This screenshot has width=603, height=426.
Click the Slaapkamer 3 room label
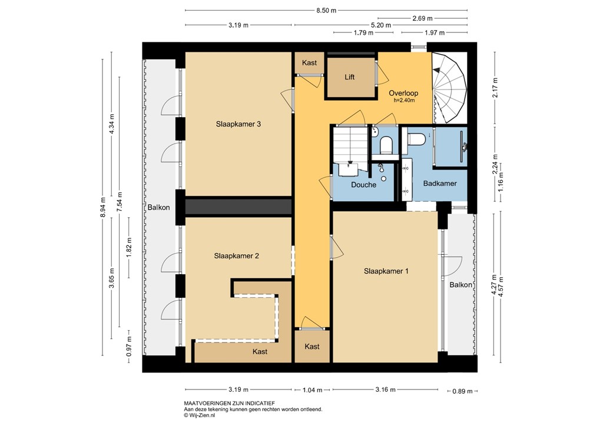[x=238, y=124]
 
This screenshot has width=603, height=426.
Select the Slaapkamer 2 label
[x=237, y=256]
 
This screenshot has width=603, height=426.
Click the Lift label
[x=349, y=78]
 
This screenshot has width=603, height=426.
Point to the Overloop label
[x=403, y=94]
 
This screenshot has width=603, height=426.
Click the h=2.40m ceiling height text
[x=405, y=101]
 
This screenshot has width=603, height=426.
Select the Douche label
[x=363, y=185]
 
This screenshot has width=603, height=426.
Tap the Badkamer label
[x=440, y=184]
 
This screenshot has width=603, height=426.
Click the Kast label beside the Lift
[x=309, y=63]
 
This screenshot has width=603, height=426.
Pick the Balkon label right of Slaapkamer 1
[x=460, y=285]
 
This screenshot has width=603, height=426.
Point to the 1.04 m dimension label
[x=313, y=390]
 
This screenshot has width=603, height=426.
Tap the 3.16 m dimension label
[x=385, y=390]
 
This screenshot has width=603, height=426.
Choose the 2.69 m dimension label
[x=422, y=18]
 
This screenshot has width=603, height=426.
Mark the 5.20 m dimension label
[x=380, y=25]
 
